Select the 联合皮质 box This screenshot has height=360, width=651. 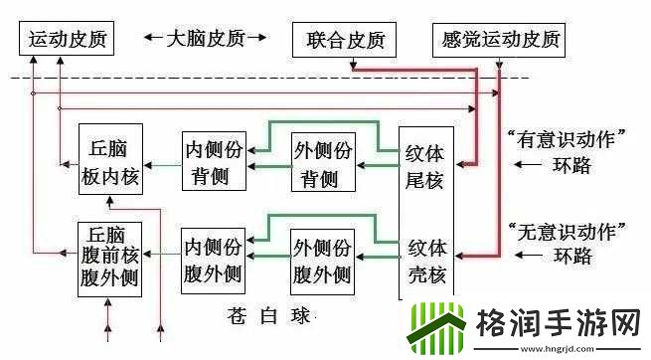[345, 41]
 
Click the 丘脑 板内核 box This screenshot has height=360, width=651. [110, 161]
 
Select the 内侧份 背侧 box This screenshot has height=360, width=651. [212, 161]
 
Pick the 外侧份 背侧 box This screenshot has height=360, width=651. [321, 162]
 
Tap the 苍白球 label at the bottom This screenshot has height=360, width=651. [266, 317]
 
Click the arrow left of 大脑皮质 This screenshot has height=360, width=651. [153, 39]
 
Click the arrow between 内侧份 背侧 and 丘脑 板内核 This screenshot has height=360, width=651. [161, 164]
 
